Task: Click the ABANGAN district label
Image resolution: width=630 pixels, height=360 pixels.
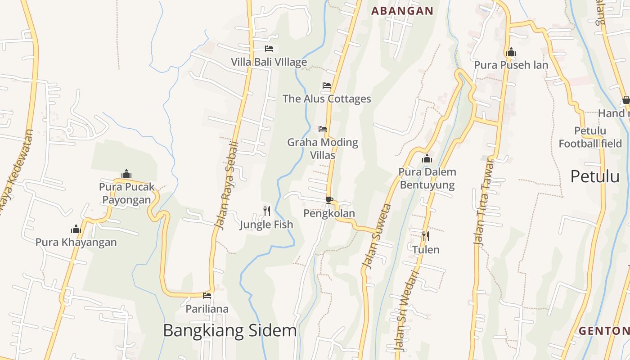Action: [402, 11]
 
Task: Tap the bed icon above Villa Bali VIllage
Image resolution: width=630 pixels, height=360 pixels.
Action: [269, 49]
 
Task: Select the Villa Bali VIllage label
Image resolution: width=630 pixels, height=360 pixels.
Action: [269, 62]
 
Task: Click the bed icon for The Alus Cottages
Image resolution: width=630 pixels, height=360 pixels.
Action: [327, 85]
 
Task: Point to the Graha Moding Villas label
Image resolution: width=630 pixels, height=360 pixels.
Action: [323, 148]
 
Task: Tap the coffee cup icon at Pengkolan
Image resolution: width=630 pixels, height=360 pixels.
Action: [329, 199]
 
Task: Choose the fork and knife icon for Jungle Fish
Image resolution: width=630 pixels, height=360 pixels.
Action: [267, 211]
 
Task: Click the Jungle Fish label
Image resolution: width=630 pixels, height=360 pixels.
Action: [266, 225]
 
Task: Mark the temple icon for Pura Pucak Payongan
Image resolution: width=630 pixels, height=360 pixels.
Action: [126, 174]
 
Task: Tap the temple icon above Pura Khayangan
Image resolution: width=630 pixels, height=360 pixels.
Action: [76, 229]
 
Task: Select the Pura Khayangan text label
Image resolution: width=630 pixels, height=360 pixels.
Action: [76, 242]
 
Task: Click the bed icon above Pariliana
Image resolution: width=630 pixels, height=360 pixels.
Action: [207, 296]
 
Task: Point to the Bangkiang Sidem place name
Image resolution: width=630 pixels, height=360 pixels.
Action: [229, 331]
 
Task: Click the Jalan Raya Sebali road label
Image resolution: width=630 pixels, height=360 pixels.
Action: [227, 185]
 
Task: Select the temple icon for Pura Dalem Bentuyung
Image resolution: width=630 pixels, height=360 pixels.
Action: [427, 158]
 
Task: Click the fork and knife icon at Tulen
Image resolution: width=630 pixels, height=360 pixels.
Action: [425, 236]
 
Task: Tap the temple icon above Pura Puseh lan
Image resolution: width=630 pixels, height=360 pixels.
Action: [511, 52]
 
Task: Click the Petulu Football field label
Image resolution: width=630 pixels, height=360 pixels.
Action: [590, 137]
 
